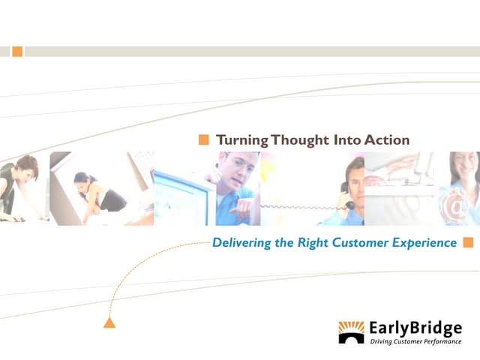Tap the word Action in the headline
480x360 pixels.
tap(387, 139)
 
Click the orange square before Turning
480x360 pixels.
tap(203, 139)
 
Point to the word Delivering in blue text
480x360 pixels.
tap(242, 243)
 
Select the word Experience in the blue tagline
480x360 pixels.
tap(424, 243)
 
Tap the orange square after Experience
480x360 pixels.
tap(469, 242)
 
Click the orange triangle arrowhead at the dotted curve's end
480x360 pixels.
tap(109, 323)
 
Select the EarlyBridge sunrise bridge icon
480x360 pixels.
tap(351, 332)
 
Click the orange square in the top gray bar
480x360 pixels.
tap(17, 52)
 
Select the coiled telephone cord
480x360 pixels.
tap(300, 205)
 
